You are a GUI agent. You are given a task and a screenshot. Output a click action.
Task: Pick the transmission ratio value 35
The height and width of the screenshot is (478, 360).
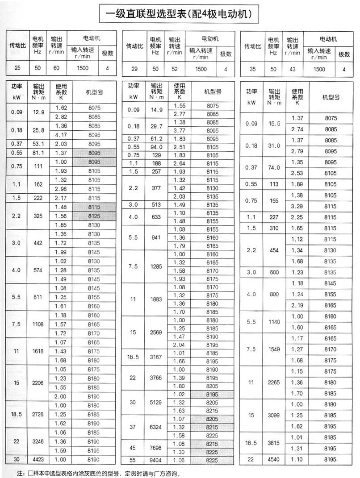[252, 69]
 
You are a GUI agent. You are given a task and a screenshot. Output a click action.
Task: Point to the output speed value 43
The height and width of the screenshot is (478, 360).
[293, 69]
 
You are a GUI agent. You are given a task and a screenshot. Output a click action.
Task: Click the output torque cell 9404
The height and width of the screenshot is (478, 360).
[156, 459]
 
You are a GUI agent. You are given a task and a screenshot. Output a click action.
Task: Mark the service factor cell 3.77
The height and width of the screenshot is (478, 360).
[179, 130]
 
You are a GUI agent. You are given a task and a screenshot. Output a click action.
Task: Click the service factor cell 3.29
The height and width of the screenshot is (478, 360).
[297, 207]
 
